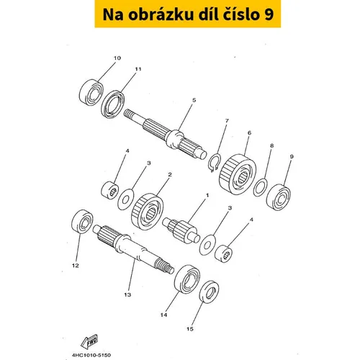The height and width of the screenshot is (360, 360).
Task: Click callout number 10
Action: click(117, 58)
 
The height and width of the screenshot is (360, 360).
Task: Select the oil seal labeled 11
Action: click(113, 104)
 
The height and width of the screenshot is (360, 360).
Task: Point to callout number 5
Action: click(194, 100)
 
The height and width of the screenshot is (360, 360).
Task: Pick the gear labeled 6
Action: click(238, 174)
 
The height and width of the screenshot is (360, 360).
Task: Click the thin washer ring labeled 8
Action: click(261, 187)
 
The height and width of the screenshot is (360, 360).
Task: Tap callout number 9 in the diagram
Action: click(292, 157)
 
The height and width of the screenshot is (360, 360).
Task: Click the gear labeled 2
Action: click(148, 212)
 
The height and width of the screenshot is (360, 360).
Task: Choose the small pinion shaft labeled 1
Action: click(181, 230)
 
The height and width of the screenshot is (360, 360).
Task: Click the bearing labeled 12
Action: click(83, 221)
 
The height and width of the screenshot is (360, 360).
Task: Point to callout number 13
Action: click(127, 294)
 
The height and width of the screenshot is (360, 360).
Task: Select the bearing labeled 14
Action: click(187, 279)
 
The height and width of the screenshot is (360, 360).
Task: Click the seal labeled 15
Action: click(209, 292)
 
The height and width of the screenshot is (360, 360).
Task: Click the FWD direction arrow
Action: click(89, 341)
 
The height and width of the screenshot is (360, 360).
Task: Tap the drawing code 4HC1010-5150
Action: click(91, 355)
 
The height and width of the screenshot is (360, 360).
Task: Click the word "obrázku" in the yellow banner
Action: click(161, 14)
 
